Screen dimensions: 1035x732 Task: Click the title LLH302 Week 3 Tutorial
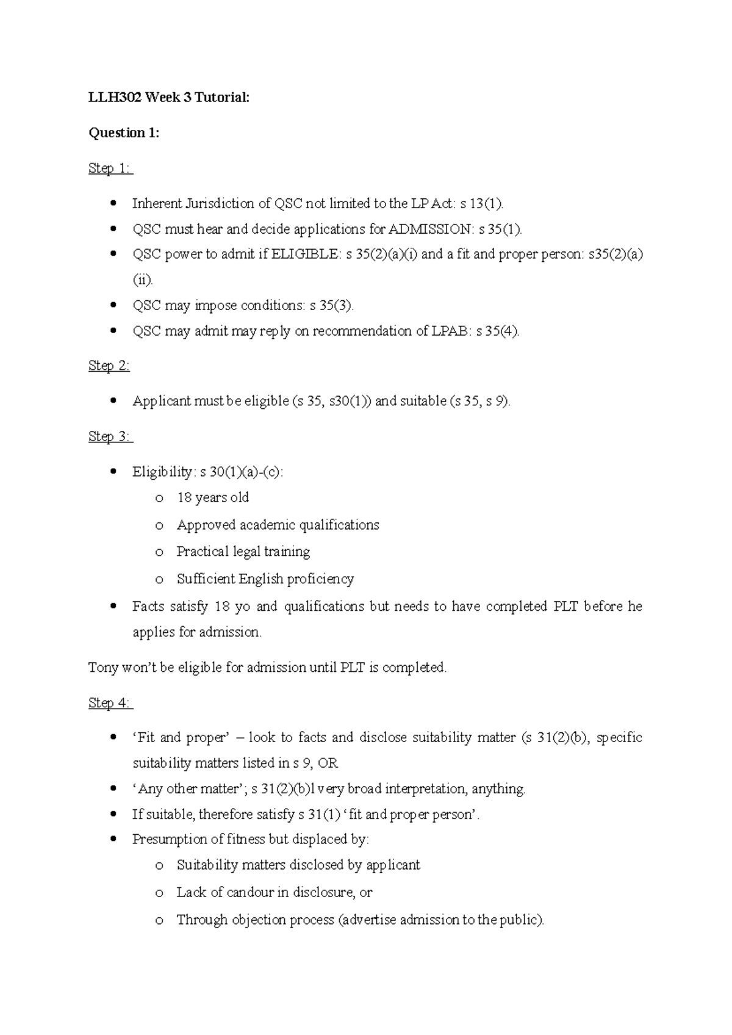169,97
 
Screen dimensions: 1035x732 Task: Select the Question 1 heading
124,132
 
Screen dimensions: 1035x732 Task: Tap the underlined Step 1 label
110,168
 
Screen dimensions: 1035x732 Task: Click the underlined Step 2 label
109,366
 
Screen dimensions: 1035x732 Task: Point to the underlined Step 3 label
110,436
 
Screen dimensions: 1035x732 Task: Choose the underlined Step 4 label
110,703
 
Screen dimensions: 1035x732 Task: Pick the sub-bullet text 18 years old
213,498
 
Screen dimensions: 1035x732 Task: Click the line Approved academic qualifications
278,525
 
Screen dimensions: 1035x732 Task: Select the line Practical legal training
243,552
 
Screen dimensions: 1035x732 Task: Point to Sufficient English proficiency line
265,579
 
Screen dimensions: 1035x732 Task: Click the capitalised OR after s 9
328,763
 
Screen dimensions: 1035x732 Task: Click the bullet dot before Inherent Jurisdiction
112,204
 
